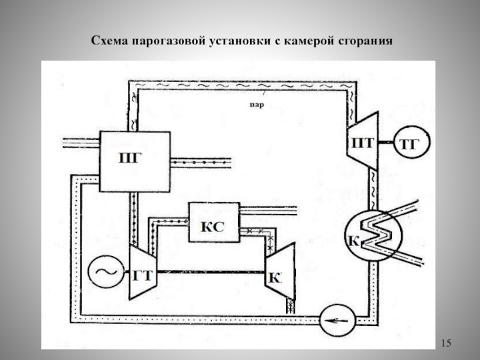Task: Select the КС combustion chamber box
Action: point(214,223)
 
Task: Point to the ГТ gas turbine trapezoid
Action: point(142,274)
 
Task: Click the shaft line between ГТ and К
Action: point(210,273)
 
